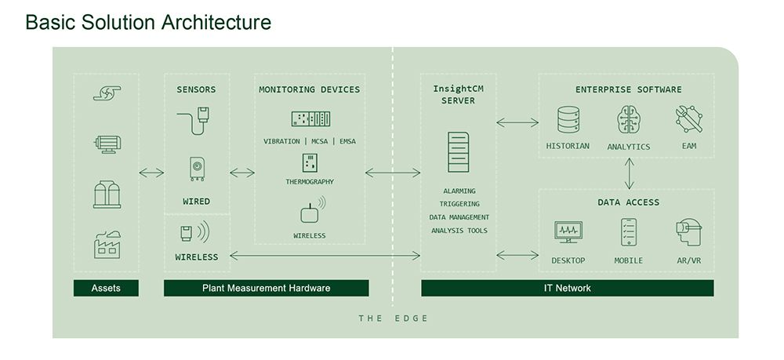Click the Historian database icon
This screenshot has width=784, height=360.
click(x=568, y=119)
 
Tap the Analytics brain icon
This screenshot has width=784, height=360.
click(x=629, y=119)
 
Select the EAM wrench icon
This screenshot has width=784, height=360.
click(x=689, y=119)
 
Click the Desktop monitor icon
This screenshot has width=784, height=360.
click(x=568, y=232)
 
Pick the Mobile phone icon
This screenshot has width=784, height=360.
click(x=629, y=232)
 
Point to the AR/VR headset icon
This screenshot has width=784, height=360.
click(x=688, y=232)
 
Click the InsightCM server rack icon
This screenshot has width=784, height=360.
click(x=458, y=152)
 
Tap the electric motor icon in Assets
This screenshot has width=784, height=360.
click(x=107, y=144)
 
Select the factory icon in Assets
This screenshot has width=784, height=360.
click(x=107, y=245)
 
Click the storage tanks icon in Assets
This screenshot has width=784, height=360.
click(x=107, y=195)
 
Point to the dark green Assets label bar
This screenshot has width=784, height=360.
click(x=106, y=288)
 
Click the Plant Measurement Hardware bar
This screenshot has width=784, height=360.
click(x=266, y=288)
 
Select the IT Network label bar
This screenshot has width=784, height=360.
click(x=568, y=288)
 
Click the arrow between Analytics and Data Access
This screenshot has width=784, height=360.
click(x=629, y=173)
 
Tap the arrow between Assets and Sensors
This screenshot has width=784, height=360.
click(x=151, y=173)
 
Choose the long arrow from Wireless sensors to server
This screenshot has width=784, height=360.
click(x=325, y=256)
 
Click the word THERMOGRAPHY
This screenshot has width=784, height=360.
click(x=310, y=182)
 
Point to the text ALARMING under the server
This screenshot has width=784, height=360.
click(x=459, y=191)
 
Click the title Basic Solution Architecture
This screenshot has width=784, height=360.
click(x=148, y=23)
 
